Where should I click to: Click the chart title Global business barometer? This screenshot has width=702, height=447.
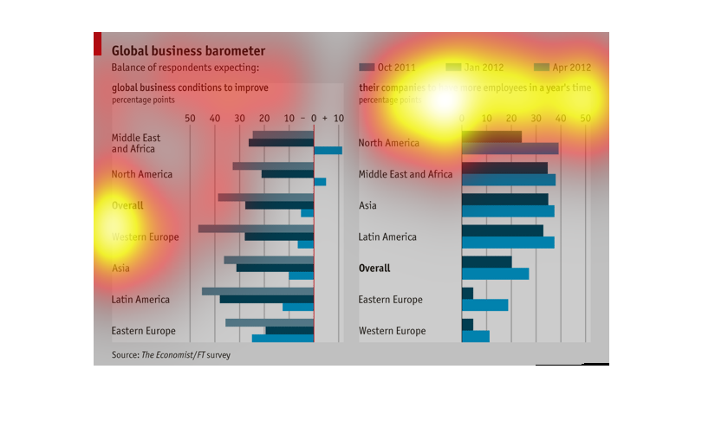point(188,51)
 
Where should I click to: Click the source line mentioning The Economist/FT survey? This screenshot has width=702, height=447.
point(171,354)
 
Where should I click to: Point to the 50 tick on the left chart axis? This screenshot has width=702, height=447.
point(191,118)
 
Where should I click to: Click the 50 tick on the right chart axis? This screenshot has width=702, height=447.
point(586,118)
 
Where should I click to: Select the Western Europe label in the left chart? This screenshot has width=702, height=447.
point(145,237)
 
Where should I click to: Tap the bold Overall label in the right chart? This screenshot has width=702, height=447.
point(374,269)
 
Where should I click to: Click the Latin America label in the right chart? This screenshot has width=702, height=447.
point(387,237)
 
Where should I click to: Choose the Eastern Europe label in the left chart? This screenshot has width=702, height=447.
point(143,331)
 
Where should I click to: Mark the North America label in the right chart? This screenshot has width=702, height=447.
point(388,143)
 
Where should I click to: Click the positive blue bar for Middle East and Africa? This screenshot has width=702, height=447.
point(328,151)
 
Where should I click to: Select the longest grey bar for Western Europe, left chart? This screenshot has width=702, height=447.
point(256,229)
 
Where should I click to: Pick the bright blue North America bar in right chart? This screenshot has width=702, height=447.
point(510,149)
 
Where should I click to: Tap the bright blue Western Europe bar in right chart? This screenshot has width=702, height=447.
point(475,336)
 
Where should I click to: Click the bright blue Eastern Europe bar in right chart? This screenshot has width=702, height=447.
point(484,305)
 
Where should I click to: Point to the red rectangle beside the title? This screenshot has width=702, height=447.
point(97,44)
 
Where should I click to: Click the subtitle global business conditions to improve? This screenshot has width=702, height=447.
point(190,87)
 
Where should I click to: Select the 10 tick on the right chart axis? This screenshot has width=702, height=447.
point(486,118)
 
